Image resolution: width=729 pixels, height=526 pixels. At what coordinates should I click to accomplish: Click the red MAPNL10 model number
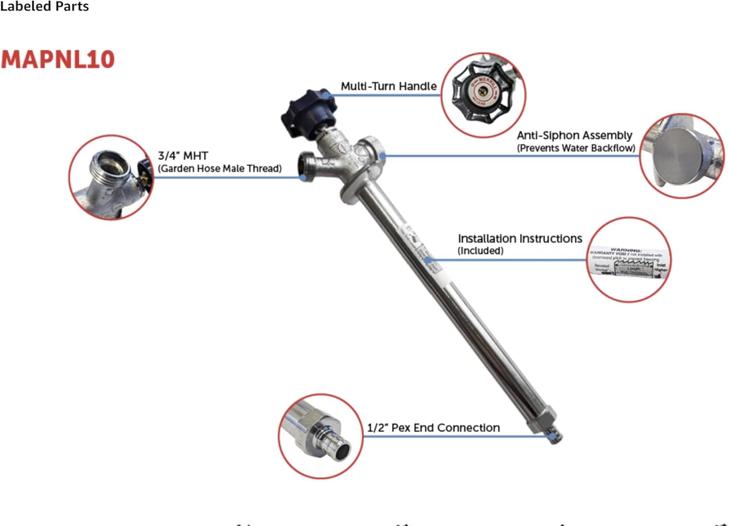click(x=57, y=59)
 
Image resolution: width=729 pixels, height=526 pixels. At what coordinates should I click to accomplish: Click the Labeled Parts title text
click(x=44, y=6)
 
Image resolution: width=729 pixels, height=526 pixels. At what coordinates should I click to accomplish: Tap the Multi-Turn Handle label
click(x=388, y=86)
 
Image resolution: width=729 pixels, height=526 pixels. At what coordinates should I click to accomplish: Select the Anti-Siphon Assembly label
click(x=574, y=135)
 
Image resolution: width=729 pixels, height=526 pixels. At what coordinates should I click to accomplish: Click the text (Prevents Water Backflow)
click(x=576, y=148)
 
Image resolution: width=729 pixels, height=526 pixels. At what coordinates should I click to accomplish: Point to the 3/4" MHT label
click(x=183, y=156)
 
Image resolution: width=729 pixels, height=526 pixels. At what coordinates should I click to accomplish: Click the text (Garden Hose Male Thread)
click(x=220, y=168)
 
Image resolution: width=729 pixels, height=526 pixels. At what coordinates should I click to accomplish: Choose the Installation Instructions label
click(x=520, y=238)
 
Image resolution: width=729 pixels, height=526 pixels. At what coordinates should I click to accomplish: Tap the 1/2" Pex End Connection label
click(x=433, y=427)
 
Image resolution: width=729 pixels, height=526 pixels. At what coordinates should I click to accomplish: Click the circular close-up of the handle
click(x=483, y=95)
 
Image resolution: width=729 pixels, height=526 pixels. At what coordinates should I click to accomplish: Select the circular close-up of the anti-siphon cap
click(x=681, y=156)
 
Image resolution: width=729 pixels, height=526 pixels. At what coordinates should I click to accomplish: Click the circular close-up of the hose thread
click(x=111, y=177)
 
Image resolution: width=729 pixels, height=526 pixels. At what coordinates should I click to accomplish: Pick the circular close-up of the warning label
click(x=628, y=260)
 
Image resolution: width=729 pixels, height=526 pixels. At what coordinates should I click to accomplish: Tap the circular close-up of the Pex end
click(x=320, y=436)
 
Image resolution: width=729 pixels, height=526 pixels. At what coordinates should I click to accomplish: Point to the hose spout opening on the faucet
click(x=305, y=166)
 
